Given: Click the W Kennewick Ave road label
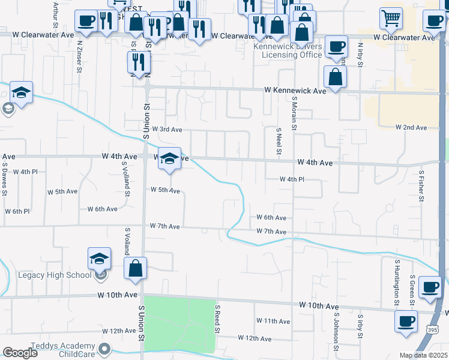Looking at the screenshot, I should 296,91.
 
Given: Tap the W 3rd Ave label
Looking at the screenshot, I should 167,129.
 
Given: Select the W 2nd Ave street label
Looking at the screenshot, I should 411,128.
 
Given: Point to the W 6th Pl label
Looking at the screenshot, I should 17,211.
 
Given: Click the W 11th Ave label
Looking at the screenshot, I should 273,322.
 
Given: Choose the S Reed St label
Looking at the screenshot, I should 218,318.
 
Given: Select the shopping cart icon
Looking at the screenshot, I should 391,17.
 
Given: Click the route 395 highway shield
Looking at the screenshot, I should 433,330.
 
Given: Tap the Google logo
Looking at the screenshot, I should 20,352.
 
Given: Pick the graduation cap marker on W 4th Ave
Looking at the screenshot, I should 170,159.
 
